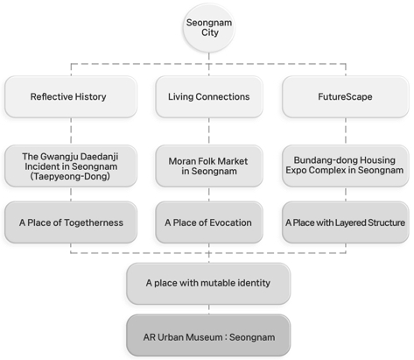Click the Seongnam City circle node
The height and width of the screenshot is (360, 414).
(209, 28)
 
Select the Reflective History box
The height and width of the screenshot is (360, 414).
(71, 97)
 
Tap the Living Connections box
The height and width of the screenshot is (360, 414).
(209, 97)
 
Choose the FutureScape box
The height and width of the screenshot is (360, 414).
(346, 97)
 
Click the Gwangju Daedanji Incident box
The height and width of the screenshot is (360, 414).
(71, 166)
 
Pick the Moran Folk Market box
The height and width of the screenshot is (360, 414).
(209, 166)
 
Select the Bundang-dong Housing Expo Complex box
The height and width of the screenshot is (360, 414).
(346, 166)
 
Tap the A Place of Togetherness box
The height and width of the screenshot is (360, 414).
(71, 222)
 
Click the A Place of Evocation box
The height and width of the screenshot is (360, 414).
(209, 222)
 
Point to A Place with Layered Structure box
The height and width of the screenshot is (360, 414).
(346, 222)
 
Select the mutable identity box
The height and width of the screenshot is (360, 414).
(208, 284)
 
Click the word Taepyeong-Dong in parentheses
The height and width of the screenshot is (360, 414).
(70, 176)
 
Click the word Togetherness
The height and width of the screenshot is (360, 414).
(94, 222)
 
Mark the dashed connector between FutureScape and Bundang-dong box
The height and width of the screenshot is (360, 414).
(346, 131)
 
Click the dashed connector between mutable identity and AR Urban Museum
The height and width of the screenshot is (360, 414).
(209, 309)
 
